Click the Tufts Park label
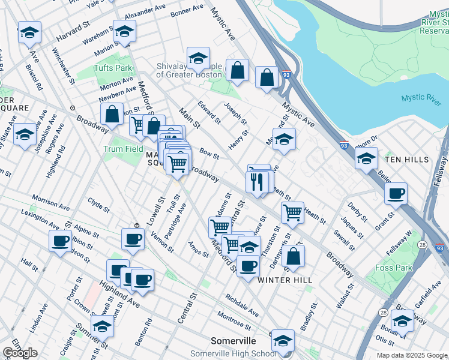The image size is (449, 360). click(x=112, y=68)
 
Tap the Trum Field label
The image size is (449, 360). click(x=123, y=149)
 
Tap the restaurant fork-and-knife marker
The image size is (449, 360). click(x=258, y=181)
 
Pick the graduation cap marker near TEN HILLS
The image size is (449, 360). click(x=366, y=158)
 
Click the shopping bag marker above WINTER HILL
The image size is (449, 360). click(x=293, y=255)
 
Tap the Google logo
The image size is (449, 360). click(x=20, y=353)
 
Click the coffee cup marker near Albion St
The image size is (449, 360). click(x=61, y=242)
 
